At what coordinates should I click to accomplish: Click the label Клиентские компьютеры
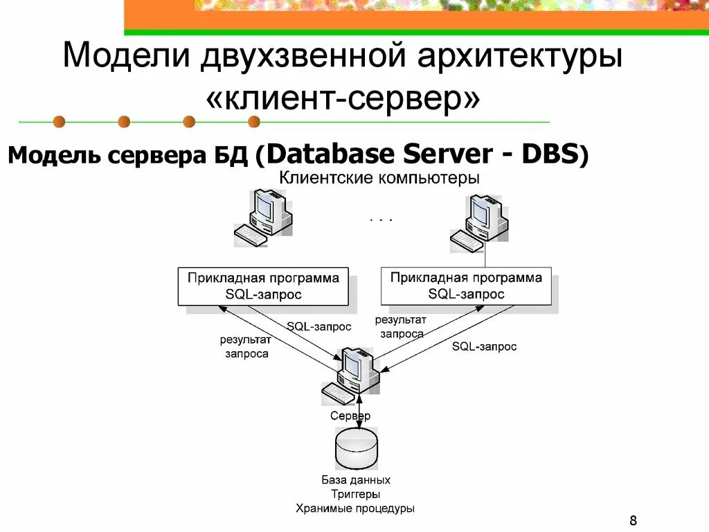coord(379,178)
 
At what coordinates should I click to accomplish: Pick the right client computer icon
coord(479,222)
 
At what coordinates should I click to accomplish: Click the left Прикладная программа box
coord(263,286)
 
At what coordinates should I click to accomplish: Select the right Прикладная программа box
coord(466,285)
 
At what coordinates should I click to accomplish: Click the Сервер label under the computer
coord(350,416)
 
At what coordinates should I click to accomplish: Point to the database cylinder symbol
coord(357,449)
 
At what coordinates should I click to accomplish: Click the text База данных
coord(356,479)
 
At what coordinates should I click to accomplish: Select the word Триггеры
coord(355,494)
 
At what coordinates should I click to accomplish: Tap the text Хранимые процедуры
coord(355,508)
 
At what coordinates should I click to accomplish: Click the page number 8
coord(634,520)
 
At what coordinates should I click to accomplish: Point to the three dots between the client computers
coord(382,219)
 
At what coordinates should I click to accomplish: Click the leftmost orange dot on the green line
coord(60,122)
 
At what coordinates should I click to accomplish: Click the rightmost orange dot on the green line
coord(253,122)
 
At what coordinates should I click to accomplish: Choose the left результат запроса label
coord(246,346)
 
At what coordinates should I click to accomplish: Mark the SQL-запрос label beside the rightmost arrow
coord(484,346)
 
